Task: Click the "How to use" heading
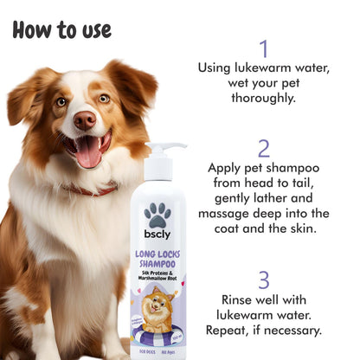[x=62, y=29]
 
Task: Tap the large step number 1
[x=263, y=48]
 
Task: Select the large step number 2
[x=263, y=148]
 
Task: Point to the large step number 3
[x=263, y=280]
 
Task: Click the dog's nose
[x=84, y=119]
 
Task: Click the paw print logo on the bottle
[x=157, y=214]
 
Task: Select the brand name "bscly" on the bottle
[x=157, y=236]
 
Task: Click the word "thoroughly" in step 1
[x=263, y=100]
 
